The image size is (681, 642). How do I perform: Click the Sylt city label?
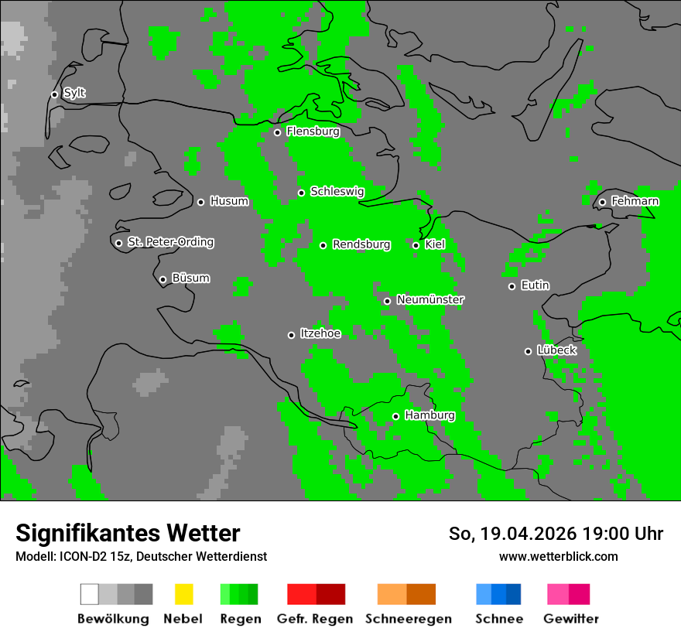point(74,94)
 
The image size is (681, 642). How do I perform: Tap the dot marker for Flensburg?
point(277,132)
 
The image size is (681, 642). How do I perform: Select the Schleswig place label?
point(337,192)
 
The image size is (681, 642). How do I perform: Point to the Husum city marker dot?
point(200,202)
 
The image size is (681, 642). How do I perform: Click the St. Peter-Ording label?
point(170,242)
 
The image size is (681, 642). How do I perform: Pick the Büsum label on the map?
point(190,278)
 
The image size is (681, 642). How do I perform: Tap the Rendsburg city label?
point(361,244)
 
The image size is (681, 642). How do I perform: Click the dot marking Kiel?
point(416,245)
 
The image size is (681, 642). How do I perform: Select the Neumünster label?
point(430,299)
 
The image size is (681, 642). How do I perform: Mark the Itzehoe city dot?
point(291,335)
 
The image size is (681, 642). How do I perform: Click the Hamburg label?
point(429,415)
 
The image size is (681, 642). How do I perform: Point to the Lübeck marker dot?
point(528,351)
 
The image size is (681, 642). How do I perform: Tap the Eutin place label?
point(535,285)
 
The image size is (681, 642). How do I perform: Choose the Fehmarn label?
point(635,201)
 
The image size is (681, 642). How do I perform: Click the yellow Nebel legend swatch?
point(183,594)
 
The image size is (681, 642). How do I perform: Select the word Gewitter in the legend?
point(571,619)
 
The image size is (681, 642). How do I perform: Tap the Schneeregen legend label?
point(409,619)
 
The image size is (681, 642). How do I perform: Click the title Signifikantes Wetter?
point(128,533)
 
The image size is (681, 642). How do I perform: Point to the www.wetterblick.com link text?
point(558,556)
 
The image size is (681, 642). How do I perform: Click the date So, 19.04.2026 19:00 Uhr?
point(556,534)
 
